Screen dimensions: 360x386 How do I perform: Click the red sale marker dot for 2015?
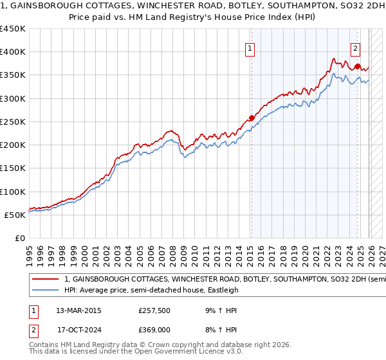click(x=251, y=118)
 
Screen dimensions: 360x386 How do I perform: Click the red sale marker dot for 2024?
click(x=357, y=66)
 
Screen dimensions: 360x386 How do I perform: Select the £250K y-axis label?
click(x=13, y=122)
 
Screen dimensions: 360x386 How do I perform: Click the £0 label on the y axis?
click(x=19, y=238)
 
